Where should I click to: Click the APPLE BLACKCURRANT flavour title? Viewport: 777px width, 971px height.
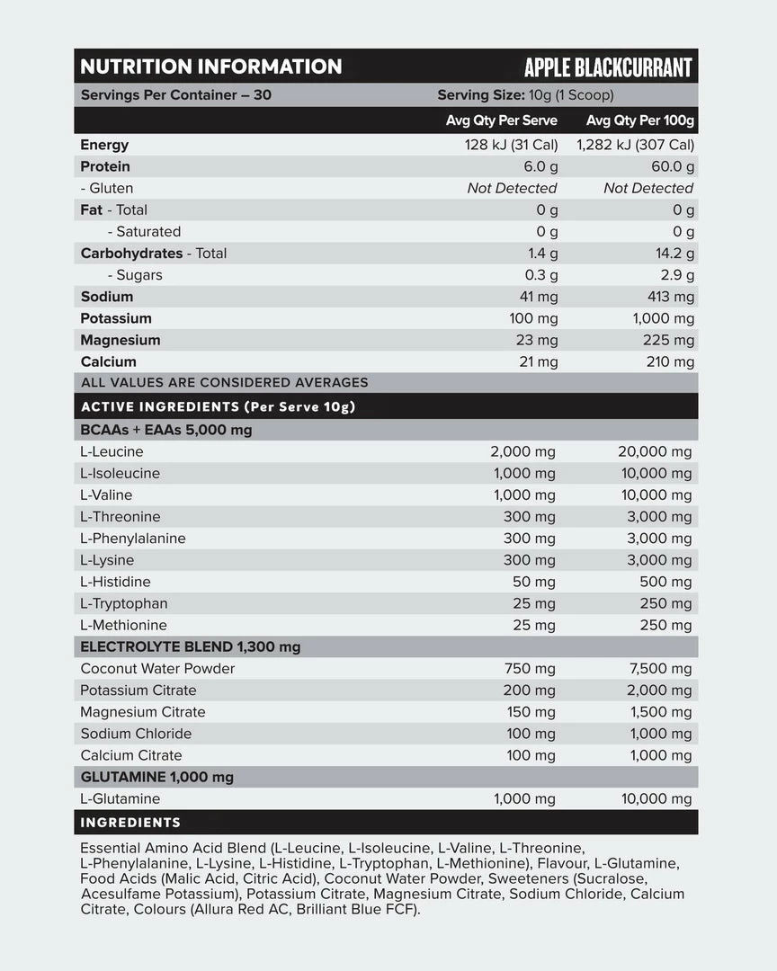(x=608, y=67)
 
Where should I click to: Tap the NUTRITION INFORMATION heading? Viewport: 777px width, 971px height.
(x=210, y=67)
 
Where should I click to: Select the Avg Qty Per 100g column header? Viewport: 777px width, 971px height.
(x=639, y=120)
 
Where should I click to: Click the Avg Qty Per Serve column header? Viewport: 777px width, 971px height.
(x=501, y=120)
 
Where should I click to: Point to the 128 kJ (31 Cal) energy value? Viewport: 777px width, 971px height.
(x=511, y=145)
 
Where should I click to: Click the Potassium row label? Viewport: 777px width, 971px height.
(x=116, y=318)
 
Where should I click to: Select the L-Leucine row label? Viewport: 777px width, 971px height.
(x=112, y=451)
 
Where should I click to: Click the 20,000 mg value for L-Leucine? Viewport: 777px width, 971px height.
(x=655, y=451)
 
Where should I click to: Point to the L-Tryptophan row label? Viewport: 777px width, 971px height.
(x=123, y=603)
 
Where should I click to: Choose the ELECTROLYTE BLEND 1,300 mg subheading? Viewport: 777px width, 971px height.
(x=190, y=646)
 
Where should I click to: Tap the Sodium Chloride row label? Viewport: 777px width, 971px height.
(x=136, y=734)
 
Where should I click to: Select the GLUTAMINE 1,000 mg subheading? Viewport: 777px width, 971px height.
(x=156, y=777)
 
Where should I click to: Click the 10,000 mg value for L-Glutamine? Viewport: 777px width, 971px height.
(x=656, y=798)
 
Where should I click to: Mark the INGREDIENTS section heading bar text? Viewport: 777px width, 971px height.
(x=130, y=823)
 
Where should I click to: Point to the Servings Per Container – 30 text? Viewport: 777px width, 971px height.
(x=175, y=95)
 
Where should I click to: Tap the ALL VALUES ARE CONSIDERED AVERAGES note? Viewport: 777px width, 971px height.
(x=224, y=383)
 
